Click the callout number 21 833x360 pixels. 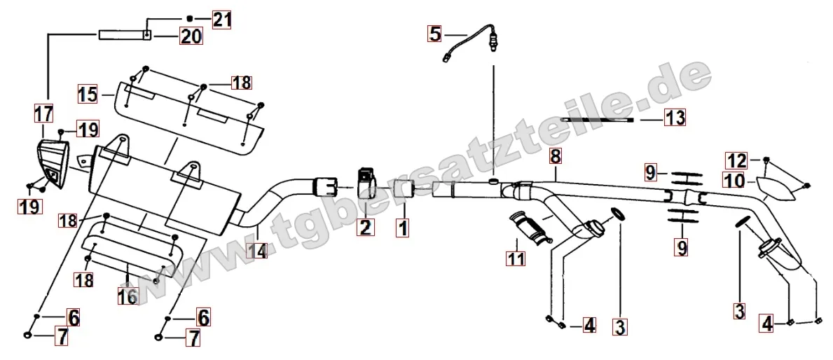(221, 20)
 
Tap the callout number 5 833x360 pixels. (435, 34)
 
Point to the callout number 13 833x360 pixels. (675, 118)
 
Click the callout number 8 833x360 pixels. (555, 156)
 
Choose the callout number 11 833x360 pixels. (516, 258)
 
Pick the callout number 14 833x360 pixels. (256, 249)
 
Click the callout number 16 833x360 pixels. (128, 296)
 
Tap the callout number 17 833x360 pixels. (44, 113)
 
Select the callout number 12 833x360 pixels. (737, 160)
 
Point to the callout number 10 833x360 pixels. (734, 181)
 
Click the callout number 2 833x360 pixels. (365, 228)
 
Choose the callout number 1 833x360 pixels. (403, 228)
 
